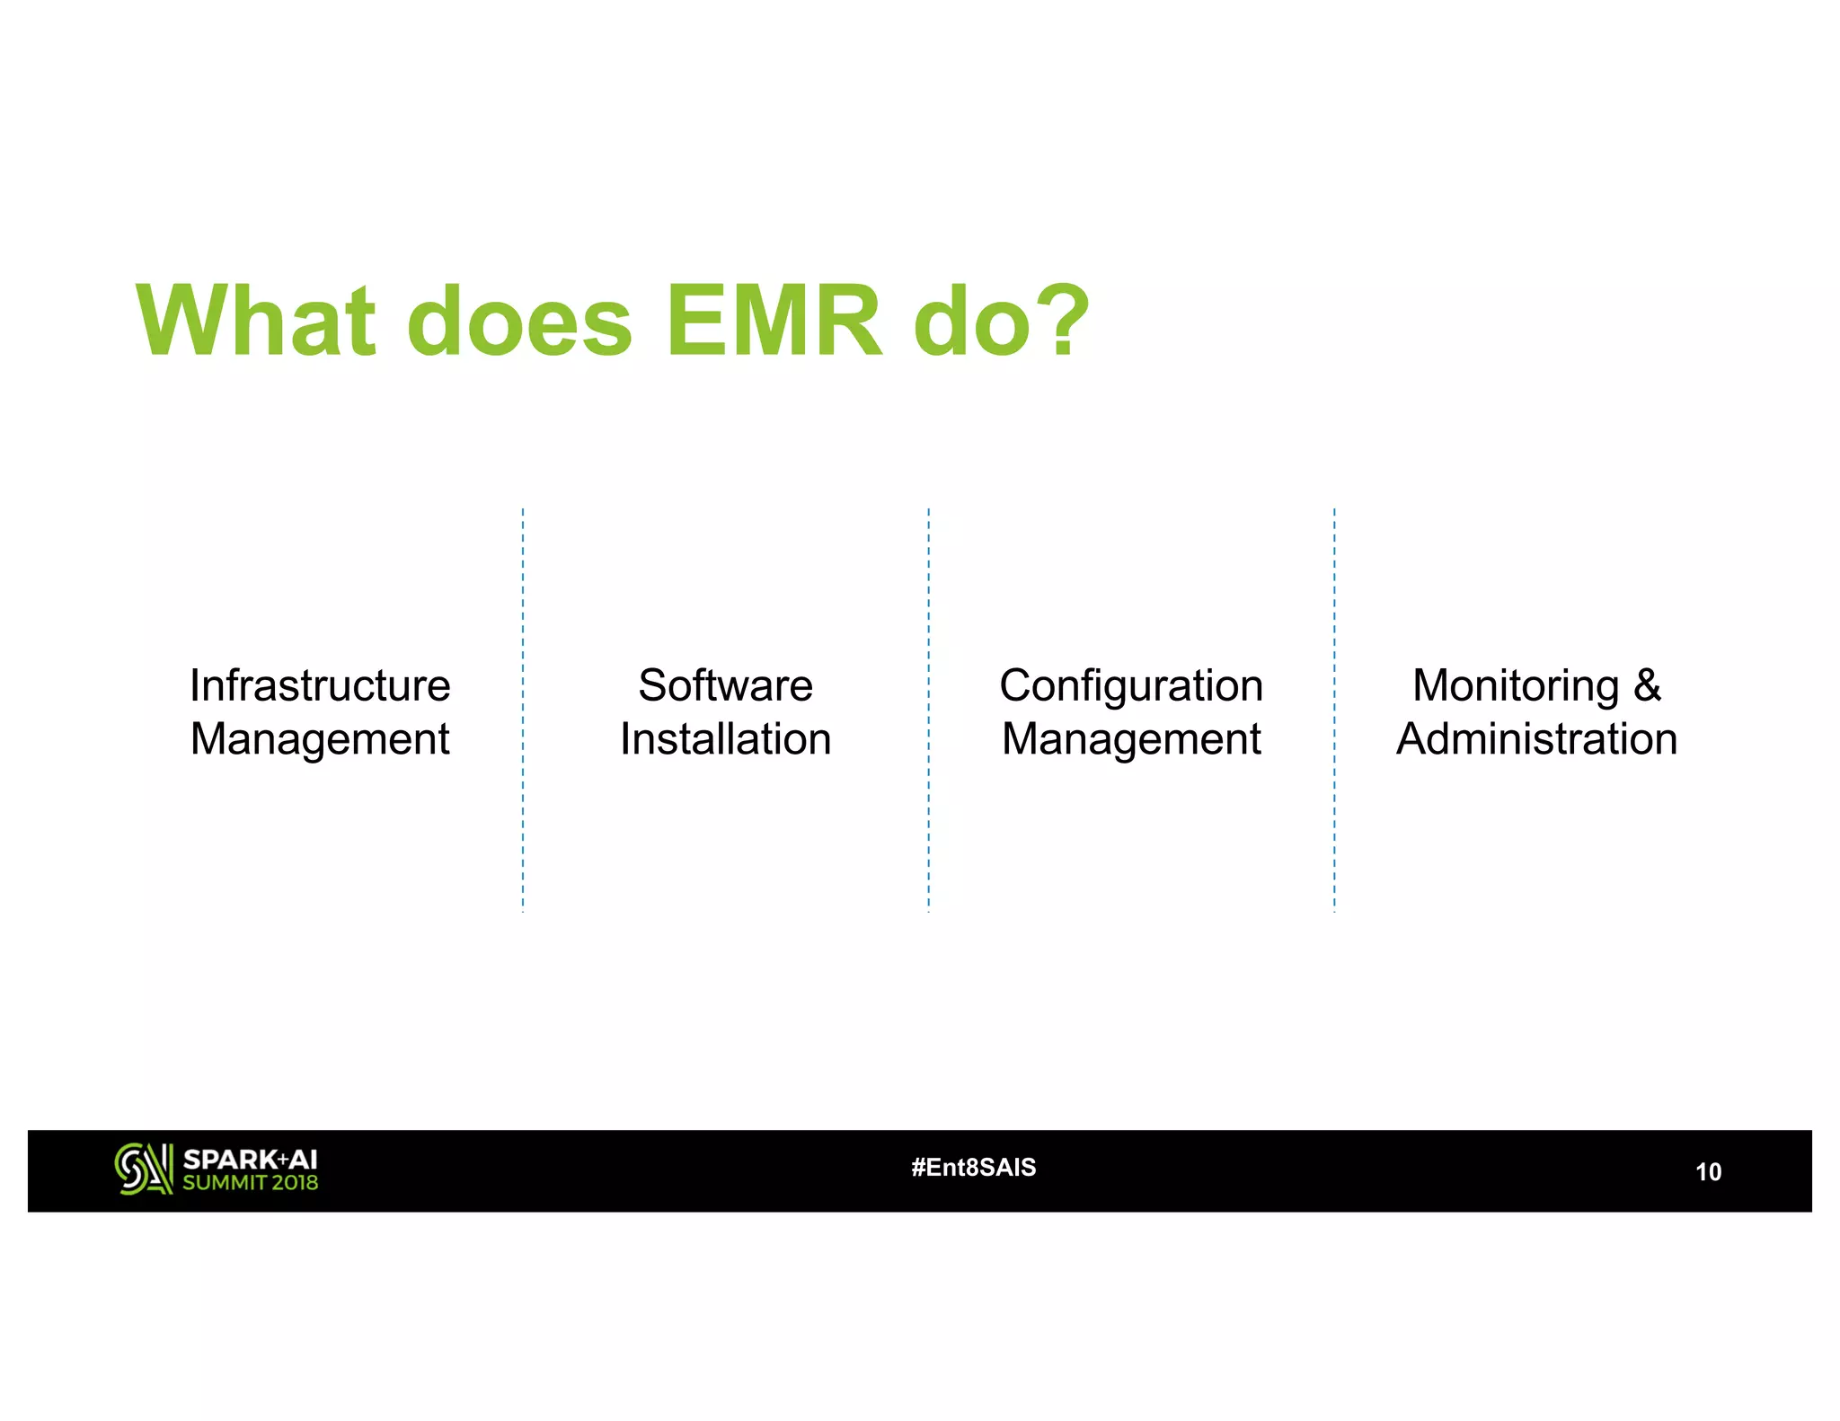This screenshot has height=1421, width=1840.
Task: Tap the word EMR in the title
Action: [x=774, y=321]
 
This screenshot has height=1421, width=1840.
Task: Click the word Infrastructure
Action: [x=320, y=685]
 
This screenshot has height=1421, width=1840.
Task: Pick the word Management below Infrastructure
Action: [x=320, y=739]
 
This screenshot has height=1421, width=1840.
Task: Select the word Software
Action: [x=725, y=685]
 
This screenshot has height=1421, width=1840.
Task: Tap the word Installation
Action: [x=725, y=739]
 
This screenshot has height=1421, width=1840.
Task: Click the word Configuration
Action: [x=1131, y=686]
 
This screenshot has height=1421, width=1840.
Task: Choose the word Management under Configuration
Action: [x=1131, y=739]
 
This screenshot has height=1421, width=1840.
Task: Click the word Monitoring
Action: [x=1515, y=685]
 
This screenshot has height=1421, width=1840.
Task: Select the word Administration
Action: [x=1536, y=739]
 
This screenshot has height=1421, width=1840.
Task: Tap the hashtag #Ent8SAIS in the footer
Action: [x=973, y=1167]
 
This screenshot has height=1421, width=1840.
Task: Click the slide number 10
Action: [x=1707, y=1171]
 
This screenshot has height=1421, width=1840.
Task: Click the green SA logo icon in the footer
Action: [x=143, y=1169]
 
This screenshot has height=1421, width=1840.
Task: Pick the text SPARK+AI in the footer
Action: [x=250, y=1159]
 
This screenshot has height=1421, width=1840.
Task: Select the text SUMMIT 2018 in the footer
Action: [x=250, y=1183]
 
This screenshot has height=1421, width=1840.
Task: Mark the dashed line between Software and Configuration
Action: [x=928, y=710]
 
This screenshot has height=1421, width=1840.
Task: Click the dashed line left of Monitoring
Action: [x=1334, y=710]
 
